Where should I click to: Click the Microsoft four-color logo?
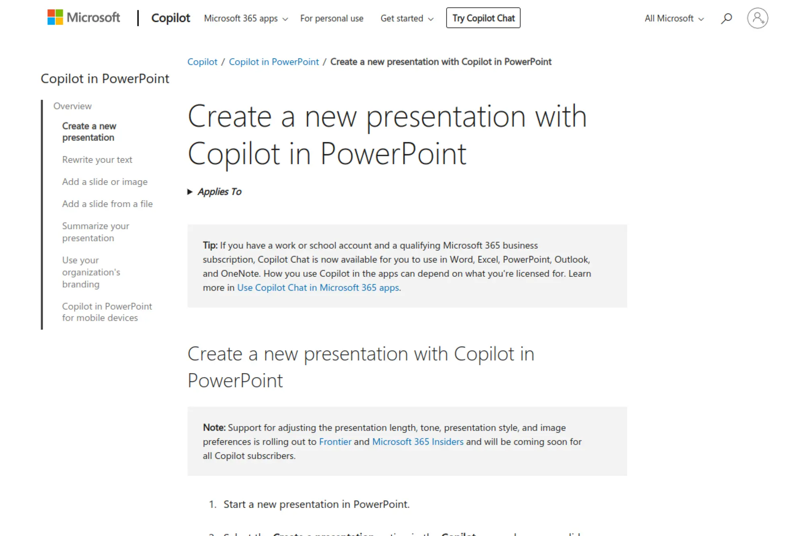tap(55, 18)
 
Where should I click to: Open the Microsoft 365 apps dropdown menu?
tap(246, 18)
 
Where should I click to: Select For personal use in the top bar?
tap(332, 18)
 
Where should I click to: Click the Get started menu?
tap(407, 18)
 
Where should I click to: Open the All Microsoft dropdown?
tap(674, 18)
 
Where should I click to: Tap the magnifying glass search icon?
tap(726, 18)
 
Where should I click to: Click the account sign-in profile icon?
tap(757, 18)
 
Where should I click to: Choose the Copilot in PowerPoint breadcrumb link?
tap(274, 62)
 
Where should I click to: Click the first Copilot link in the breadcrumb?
tap(202, 62)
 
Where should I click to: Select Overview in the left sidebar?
tap(72, 106)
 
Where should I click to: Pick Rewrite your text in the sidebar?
tap(97, 160)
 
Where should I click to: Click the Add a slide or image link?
tap(105, 182)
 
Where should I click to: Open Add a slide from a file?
tap(107, 204)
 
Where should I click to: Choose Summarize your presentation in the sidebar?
tap(96, 232)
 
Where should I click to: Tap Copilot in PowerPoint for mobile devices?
tap(107, 312)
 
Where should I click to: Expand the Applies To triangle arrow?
tap(190, 192)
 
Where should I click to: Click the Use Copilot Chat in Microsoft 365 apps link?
tap(318, 288)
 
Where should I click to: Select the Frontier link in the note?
tap(335, 442)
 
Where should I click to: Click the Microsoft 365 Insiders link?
tap(418, 442)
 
